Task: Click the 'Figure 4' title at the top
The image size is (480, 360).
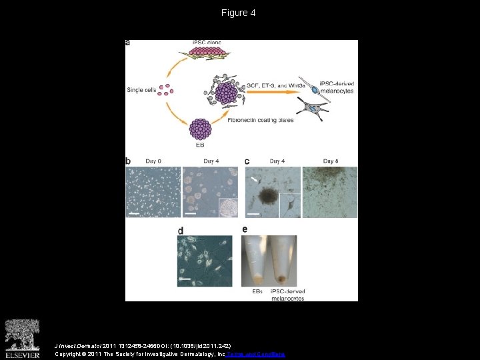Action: click(239, 13)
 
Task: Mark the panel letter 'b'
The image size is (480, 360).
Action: click(128, 161)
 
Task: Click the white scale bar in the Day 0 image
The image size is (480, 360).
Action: click(135, 213)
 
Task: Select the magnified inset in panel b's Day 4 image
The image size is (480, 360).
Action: click(229, 207)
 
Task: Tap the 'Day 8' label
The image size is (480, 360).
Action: click(331, 161)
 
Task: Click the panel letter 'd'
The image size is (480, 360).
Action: click(181, 231)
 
